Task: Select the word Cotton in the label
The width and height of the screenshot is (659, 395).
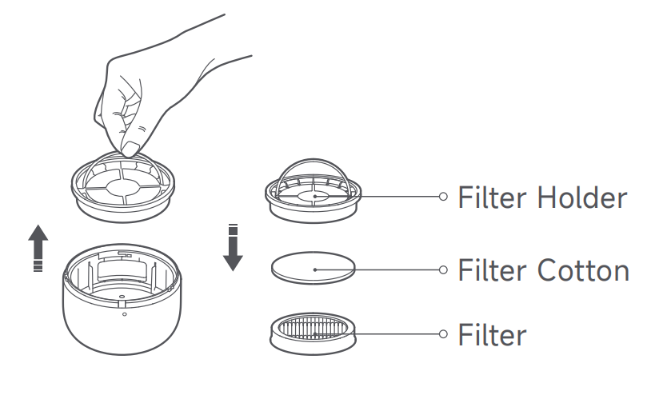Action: pos(584,270)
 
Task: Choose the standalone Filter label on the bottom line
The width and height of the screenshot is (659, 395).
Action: pos(493,333)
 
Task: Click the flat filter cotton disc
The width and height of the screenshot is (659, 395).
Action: pos(314,268)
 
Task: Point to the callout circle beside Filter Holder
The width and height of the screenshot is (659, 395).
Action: pos(443,196)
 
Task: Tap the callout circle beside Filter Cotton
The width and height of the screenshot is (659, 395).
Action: pos(443,270)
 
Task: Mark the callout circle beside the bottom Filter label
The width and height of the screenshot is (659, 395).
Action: pos(443,333)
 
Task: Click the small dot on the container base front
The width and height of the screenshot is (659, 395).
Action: pos(124,314)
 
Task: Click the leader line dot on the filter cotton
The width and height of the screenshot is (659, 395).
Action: pos(314,270)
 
